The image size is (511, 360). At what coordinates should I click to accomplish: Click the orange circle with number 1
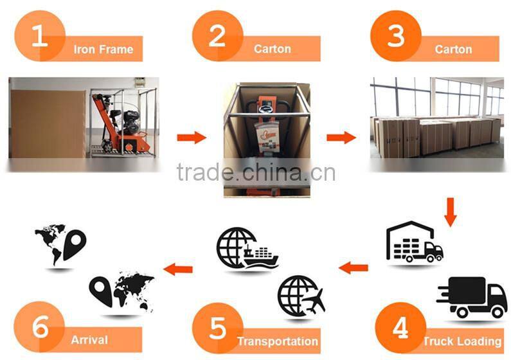point(40,37)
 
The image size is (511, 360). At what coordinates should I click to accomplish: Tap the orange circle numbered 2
point(217,37)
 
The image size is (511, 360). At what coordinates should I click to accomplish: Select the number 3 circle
point(396,37)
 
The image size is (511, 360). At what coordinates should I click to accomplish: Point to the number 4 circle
point(400,327)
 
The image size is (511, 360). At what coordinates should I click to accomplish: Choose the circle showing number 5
point(217,327)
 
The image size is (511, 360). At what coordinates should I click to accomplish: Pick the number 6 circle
point(40,327)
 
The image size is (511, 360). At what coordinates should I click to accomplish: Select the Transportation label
point(278,341)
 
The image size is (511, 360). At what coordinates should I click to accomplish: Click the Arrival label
point(90,339)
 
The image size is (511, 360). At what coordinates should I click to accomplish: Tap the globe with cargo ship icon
point(247,248)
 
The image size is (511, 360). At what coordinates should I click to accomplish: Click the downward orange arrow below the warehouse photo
point(450,212)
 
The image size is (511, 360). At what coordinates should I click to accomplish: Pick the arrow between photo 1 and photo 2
point(191,137)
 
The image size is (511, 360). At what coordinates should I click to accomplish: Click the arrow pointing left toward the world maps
point(178,268)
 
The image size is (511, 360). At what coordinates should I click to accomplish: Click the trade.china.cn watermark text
point(256,172)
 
